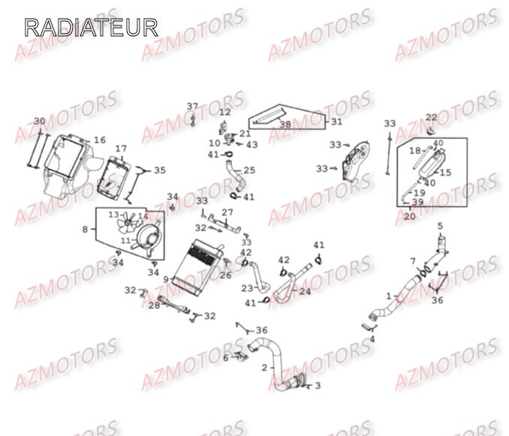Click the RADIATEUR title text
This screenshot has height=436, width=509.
pos(91,28)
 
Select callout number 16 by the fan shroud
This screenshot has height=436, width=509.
pos(99,140)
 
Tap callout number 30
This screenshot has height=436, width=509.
pos(39,121)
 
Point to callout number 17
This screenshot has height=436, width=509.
pos(121,149)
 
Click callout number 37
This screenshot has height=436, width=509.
pos(192,106)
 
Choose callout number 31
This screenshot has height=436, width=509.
pos(336,122)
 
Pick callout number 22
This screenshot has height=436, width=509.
pos(431,117)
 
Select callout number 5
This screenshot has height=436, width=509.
pos(440,225)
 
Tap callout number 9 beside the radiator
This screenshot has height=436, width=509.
pos(166,279)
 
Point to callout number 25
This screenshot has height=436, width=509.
pos(249,170)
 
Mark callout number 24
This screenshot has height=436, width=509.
pos(304,291)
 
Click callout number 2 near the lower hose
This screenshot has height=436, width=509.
pos(264,368)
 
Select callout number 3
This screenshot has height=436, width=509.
pos(316,386)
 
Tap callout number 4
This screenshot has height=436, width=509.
pos(372,339)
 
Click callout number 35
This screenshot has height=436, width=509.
pos(158,170)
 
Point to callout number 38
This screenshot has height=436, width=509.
pos(285,125)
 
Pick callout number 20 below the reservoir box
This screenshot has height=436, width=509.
pos(410,216)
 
